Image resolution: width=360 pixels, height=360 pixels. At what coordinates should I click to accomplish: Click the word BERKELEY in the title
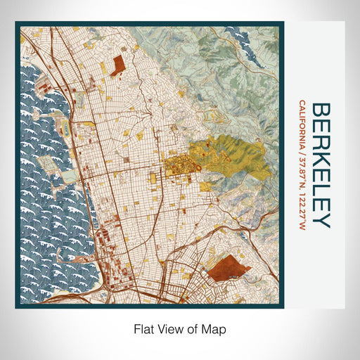tap(321, 165)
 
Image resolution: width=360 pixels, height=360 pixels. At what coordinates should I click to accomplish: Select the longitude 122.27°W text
tap(302, 210)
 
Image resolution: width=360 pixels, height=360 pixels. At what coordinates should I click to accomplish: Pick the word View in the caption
tap(172, 328)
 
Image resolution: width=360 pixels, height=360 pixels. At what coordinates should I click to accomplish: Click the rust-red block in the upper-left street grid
tap(117, 64)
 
